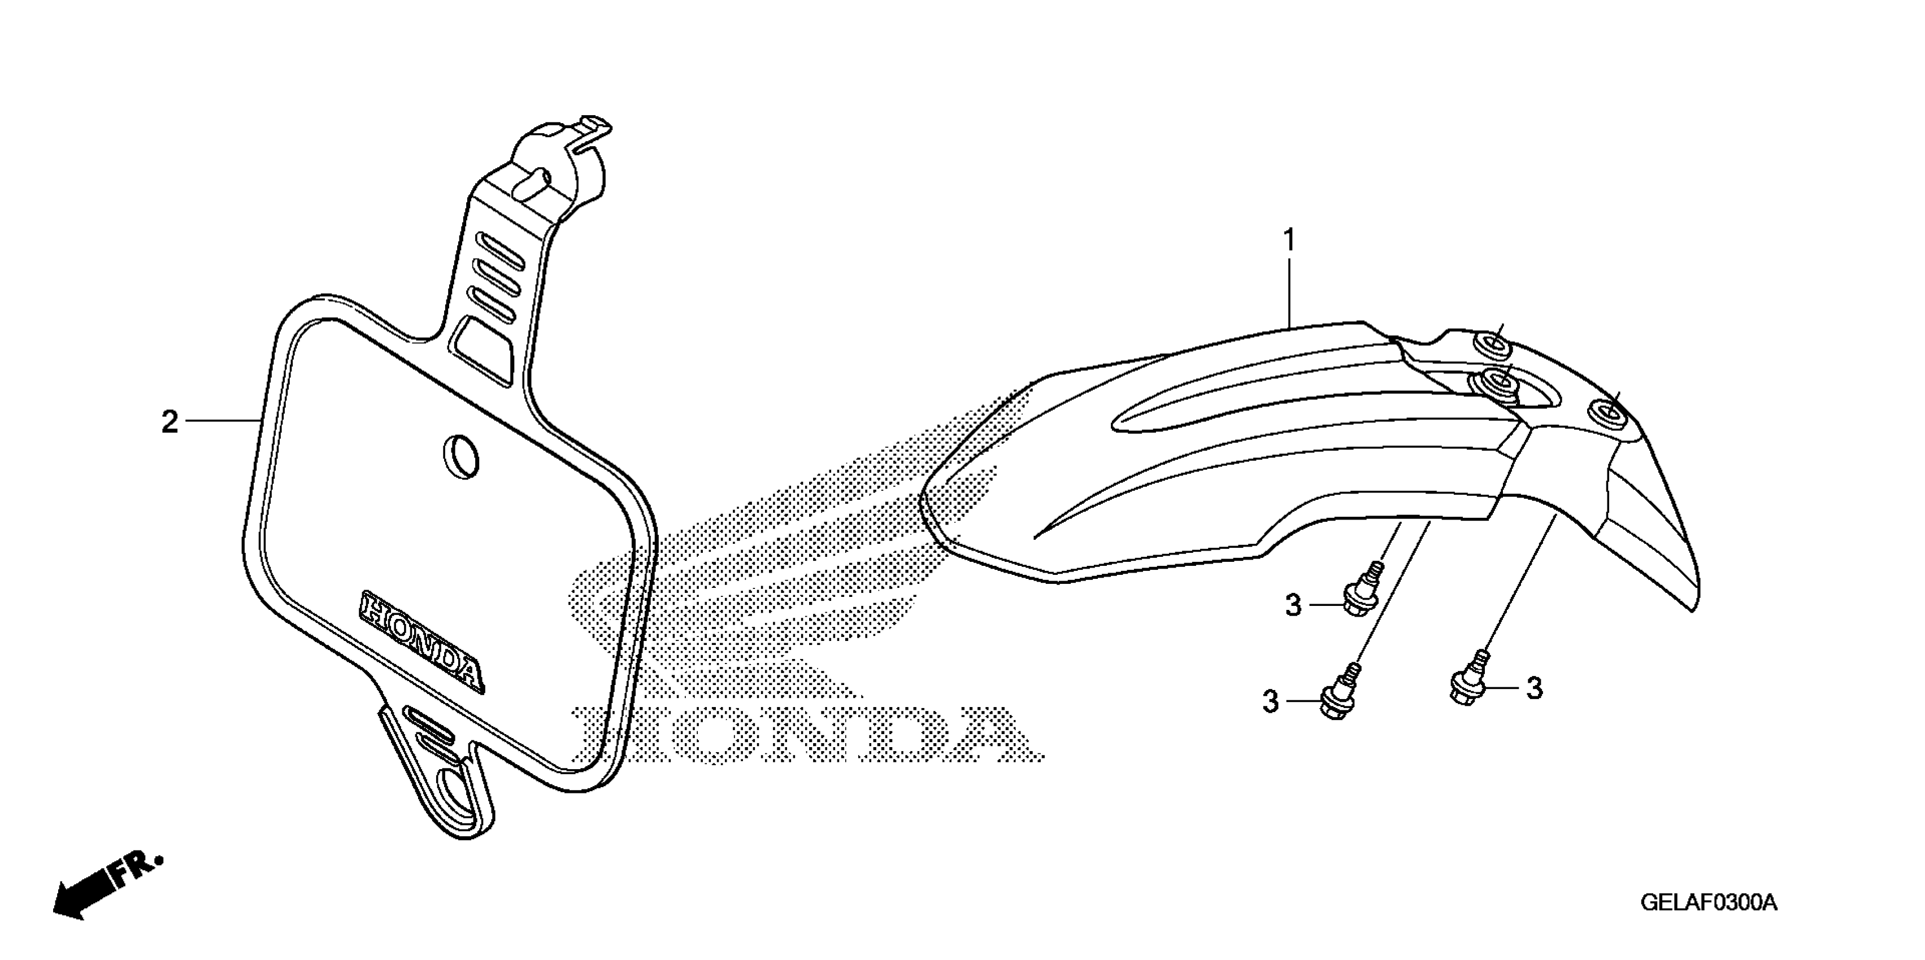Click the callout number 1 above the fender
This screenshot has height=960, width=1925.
coord(1288,241)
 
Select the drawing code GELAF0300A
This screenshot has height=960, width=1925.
coord(1708,902)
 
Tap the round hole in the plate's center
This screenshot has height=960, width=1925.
coord(462,455)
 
